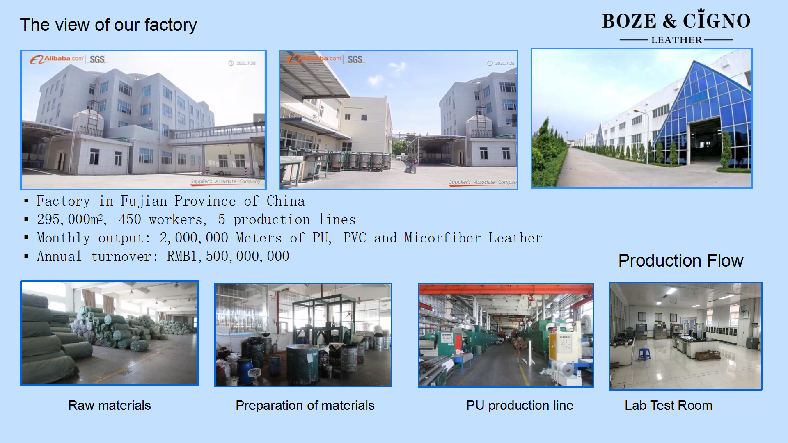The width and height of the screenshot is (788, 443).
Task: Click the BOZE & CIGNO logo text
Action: click(x=676, y=21)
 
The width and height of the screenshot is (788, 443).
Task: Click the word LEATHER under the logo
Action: click(x=676, y=40)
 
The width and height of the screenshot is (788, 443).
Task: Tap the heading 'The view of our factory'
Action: click(x=108, y=25)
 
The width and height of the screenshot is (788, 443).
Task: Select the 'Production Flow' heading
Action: click(x=680, y=261)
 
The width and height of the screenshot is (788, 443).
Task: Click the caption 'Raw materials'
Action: click(x=109, y=405)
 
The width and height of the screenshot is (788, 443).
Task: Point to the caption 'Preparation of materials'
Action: click(x=305, y=405)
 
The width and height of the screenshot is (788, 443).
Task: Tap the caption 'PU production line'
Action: click(x=520, y=405)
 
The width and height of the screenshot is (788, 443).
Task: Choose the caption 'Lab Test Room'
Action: click(x=668, y=405)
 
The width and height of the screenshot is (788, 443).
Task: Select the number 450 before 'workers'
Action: click(x=130, y=219)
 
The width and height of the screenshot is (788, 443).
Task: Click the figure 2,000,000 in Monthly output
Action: click(x=194, y=238)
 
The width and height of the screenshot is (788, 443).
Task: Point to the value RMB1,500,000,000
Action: click(x=228, y=256)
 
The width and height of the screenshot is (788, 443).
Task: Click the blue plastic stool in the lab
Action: click(x=644, y=354)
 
